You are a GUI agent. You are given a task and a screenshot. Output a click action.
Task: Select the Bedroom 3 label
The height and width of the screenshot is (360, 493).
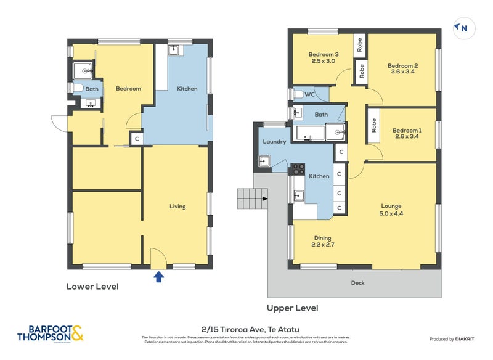[x=324, y=54]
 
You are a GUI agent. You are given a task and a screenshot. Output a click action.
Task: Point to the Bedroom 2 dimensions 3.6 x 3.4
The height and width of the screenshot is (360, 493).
[x=403, y=72]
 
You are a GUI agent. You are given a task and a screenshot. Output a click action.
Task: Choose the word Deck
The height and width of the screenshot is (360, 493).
[x=357, y=283]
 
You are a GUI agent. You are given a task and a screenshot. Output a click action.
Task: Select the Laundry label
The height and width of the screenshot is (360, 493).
[x=274, y=141]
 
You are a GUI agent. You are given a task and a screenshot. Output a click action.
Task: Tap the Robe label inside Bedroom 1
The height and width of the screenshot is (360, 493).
[x=373, y=125]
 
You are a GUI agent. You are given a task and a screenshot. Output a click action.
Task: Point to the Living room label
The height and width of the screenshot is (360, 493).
[x=177, y=207]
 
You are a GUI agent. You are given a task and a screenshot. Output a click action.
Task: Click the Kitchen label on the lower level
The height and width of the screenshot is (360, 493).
[x=187, y=89]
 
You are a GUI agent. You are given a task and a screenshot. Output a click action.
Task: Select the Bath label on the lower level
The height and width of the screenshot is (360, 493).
[x=91, y=89]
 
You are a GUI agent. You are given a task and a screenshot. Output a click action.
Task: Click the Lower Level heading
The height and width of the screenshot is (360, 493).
[x=92, y=287]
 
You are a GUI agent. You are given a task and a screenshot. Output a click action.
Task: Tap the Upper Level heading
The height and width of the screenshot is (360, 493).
[x=292, y=308]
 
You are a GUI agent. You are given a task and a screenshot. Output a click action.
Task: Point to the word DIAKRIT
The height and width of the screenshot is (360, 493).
[x=468, y=339]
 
